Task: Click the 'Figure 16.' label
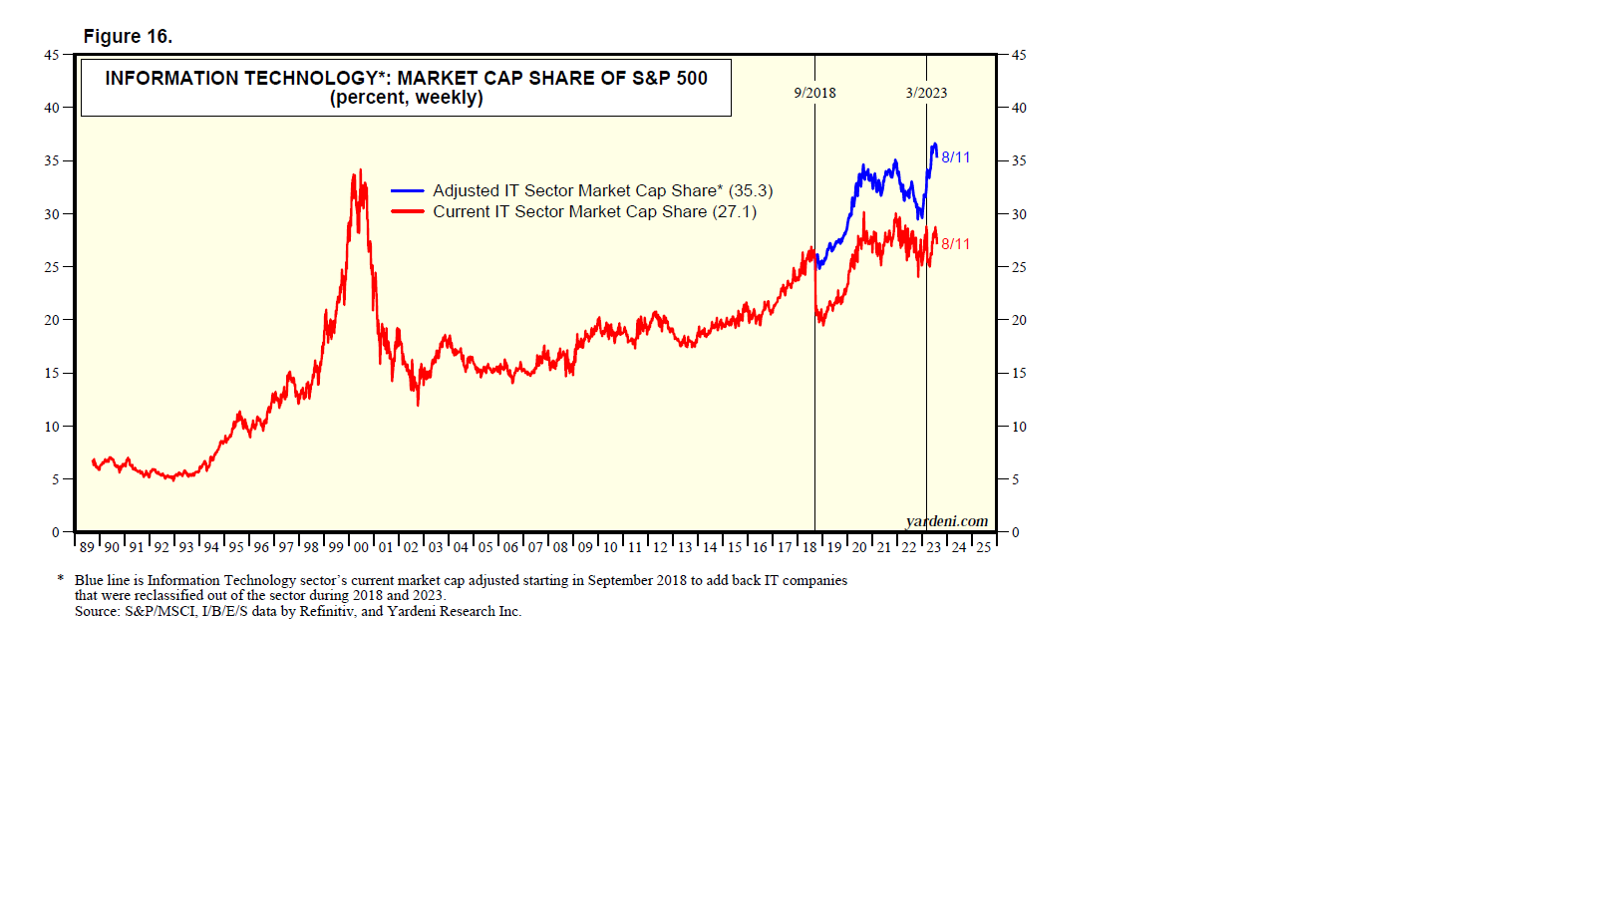pos(128,37)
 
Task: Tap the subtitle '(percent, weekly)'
pos(407,98)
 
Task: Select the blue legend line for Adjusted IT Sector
pos(408,190)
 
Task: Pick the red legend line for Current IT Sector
pos(408,211)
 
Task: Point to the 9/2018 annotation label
pos(814,93)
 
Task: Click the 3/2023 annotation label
pos(926,93)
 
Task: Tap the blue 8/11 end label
pos(956,157)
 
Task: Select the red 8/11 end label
pos(956,243)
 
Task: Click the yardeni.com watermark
pos(947,521)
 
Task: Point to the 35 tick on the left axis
pos(51,160)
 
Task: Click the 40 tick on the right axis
pos(1019,108)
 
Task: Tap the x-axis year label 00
pos(361,547)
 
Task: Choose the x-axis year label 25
pos(983,547)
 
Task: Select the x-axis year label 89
pos(87,547)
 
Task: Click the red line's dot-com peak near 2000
pos(360,170)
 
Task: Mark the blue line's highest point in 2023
pos(934,145)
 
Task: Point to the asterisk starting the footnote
pos(61,579)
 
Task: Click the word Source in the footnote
pos(97,611)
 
